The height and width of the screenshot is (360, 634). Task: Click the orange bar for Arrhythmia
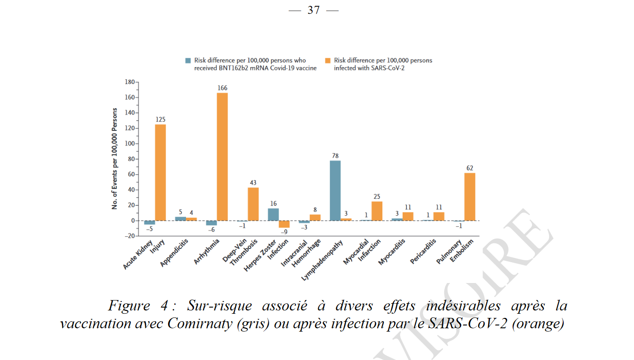click(x=222, y=156)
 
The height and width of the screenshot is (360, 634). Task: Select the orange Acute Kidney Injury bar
click(x=161, y=172)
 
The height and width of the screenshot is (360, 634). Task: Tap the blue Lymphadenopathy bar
click(x=335, y=190)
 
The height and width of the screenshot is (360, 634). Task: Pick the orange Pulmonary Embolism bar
click(x=470, y=197)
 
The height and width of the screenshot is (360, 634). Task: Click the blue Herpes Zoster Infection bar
click(x=273, y=214)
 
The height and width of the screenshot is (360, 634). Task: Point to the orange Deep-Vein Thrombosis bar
click(x=253, y=204)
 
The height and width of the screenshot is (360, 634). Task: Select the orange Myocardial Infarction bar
click(x=377, y=211)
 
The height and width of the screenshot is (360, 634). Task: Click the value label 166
click(x=222, y=88)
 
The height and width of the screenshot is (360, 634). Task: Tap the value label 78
click(x=335, y=155)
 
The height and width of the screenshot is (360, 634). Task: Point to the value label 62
click(x=470, y=168)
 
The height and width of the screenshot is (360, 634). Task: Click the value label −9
click(x=284, y=232)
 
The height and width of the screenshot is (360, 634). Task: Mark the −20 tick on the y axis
click(x=128, y=236)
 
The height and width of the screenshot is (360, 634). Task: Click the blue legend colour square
click(x=188, y=60)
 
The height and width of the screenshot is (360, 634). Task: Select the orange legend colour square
click(x=327, y=60)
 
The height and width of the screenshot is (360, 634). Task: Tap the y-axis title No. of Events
click(x=115, y=159)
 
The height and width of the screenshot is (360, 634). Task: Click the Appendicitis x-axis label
click(x=174, y=253)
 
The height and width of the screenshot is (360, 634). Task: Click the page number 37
click(x=313, y=10)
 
